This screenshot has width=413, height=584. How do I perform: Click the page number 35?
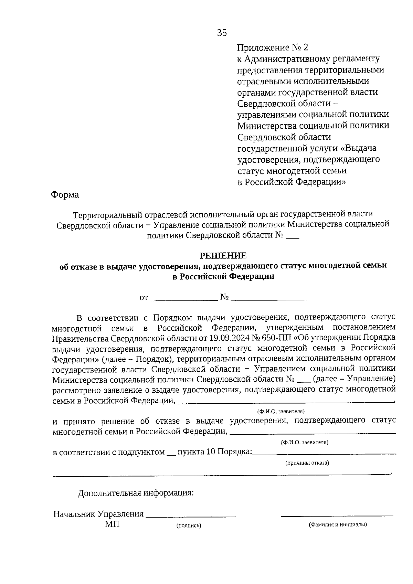click(222, 33)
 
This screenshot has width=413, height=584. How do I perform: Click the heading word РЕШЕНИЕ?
click(223, 255)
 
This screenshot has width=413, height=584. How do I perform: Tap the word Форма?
click(65, 195)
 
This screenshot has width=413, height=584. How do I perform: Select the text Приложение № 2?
click(274, 47)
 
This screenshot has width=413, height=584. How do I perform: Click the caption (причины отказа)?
click(307, 463)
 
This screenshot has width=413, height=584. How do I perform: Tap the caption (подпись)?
click(189, 525)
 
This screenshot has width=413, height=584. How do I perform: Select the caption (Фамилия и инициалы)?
click(337, 525)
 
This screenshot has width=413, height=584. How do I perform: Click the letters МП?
click(112, 524)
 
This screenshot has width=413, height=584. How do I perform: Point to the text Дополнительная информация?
click(136, 493)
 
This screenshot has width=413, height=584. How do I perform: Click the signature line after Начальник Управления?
click(191, 516)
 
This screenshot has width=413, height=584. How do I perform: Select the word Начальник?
click(74, 514)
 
